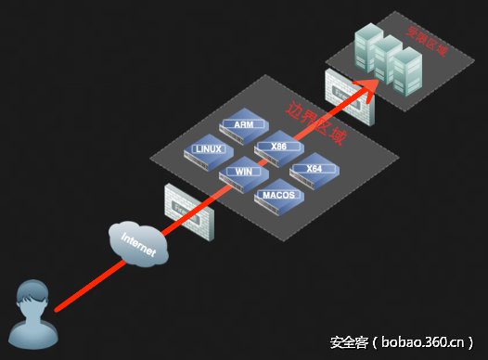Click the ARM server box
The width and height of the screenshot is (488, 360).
coord(244,127)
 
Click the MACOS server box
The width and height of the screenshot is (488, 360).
coord(278,197)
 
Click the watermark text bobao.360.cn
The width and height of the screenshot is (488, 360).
coord(421,342)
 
